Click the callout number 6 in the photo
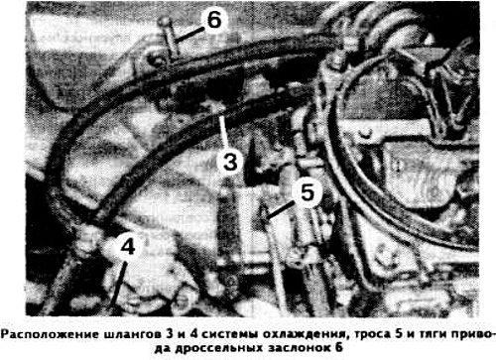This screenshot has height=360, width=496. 214,20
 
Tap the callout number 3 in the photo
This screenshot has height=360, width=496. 230,162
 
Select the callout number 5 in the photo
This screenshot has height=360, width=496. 308,192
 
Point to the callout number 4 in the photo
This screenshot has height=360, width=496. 128,246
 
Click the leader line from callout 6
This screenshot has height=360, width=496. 189,36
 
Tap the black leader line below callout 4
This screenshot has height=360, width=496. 118,285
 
